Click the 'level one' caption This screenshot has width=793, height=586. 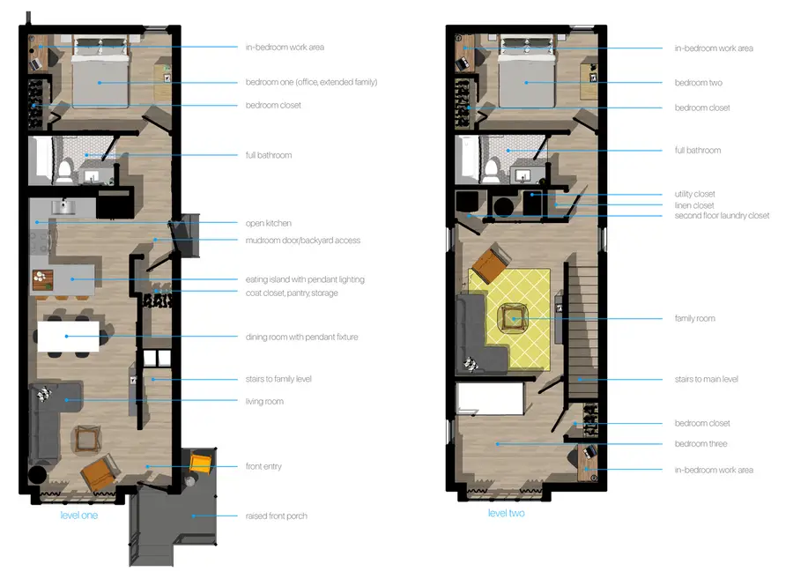click(x=78, y=515)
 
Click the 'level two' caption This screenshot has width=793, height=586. click(x=506, y=513)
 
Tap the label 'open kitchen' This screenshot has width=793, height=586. click(x=269, y=223)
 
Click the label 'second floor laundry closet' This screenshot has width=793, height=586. click(x=722, y=215)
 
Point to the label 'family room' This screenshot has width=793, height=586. click(x=694, y=318)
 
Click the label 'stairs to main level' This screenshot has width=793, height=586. click(x=706, y=379)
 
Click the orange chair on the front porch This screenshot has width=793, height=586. click(x=202, y=464)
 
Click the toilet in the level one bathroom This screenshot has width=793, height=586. click(x=66, y=167)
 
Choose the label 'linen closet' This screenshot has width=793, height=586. click(x=694, y=204)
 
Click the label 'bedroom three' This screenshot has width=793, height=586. click(x=700, y=443)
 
